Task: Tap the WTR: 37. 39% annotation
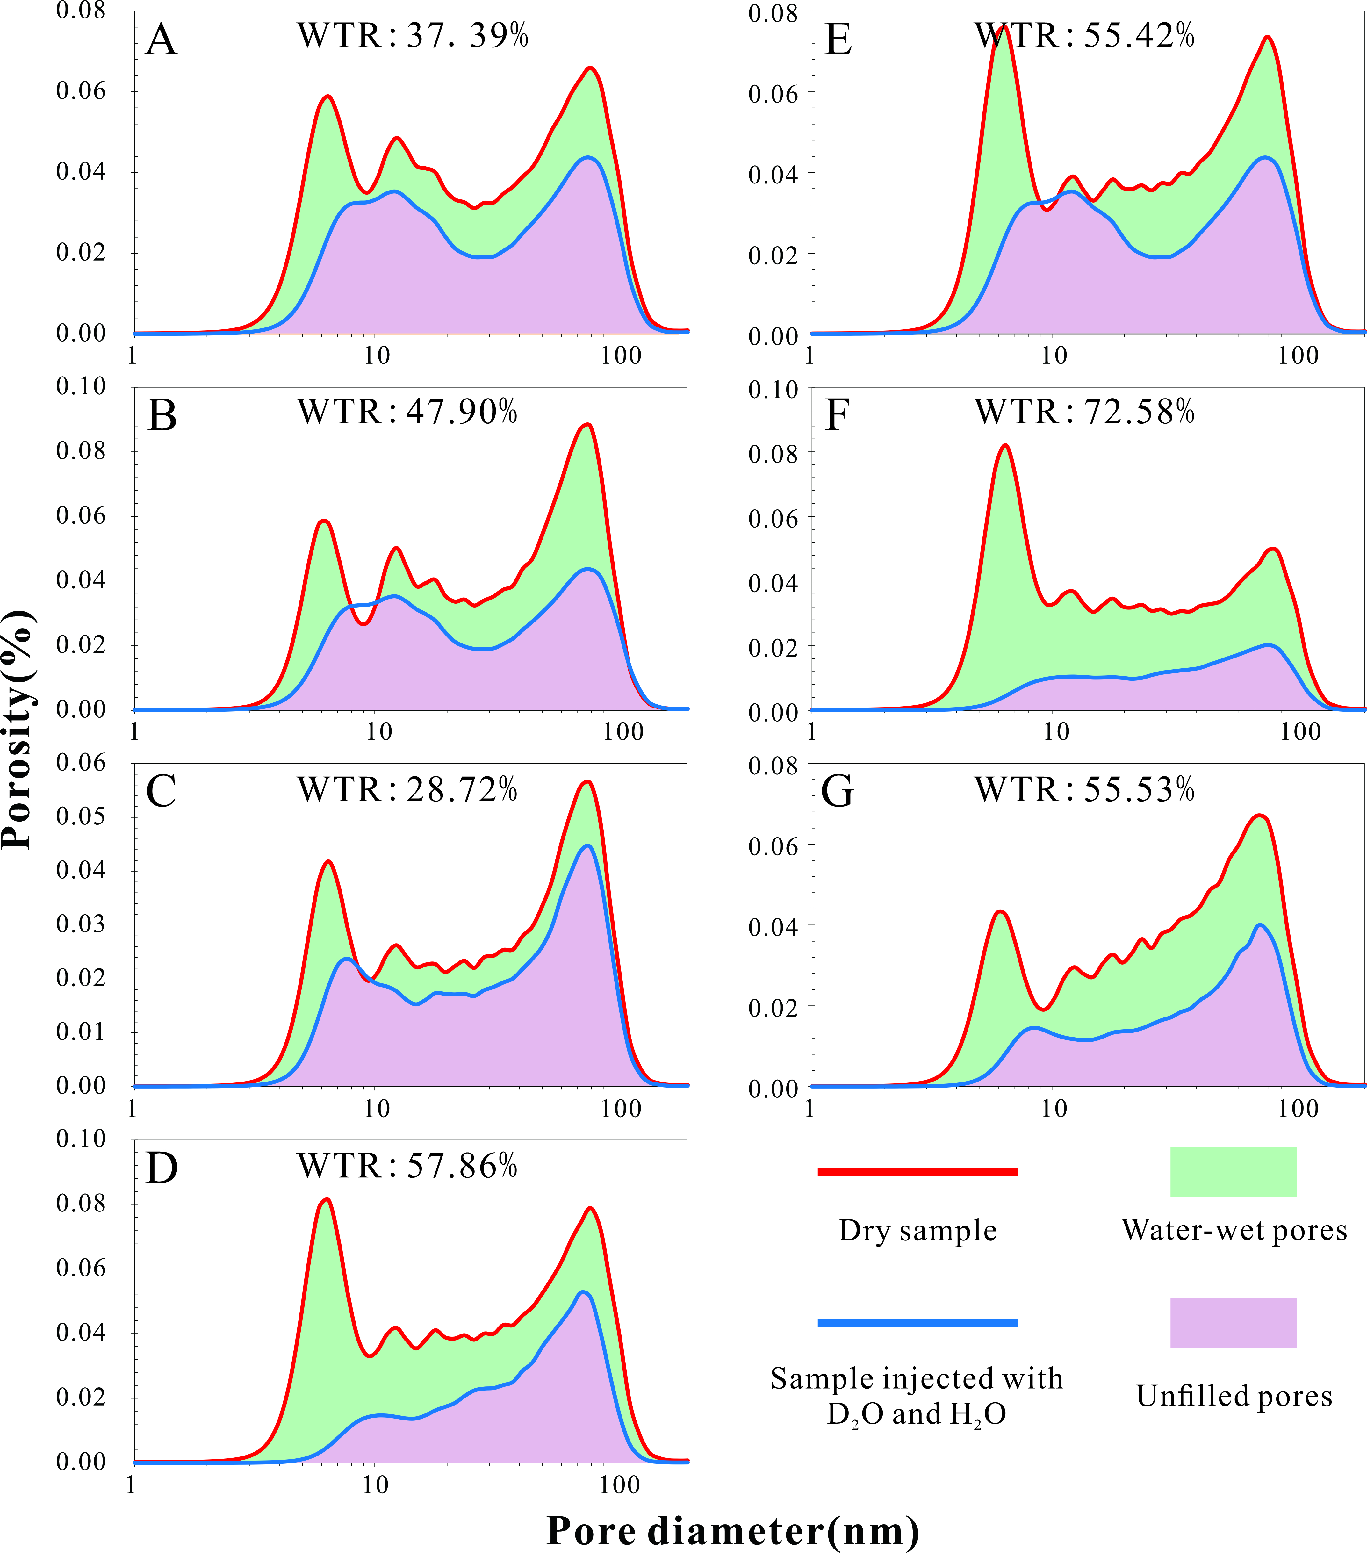pos(413,36)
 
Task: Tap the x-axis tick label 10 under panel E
pos(1054,356)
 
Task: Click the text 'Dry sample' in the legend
pos(917,1230)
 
